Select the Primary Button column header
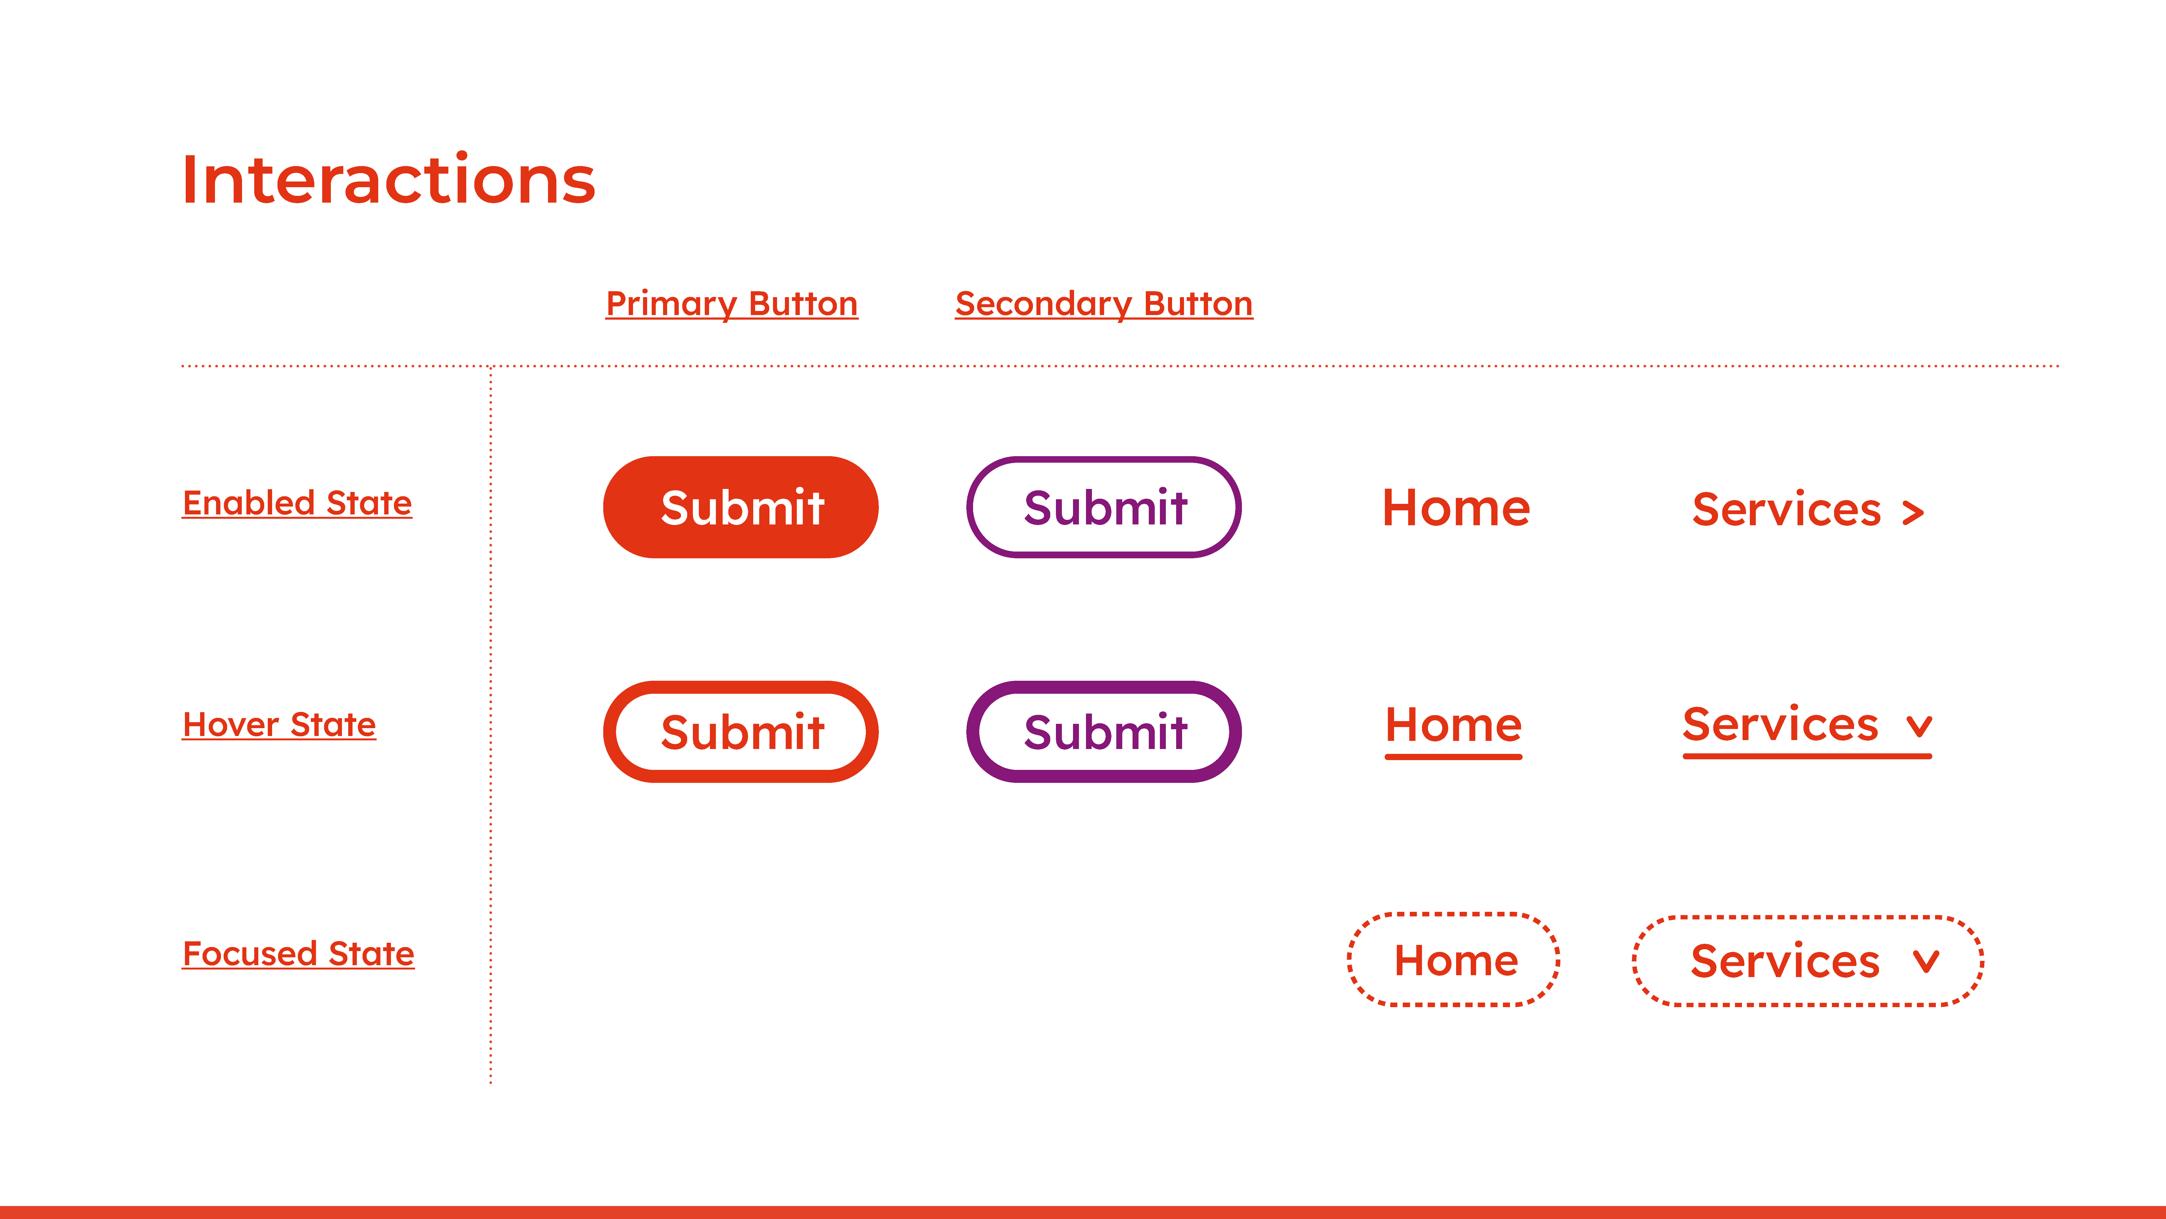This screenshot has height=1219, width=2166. (x=732, y=304)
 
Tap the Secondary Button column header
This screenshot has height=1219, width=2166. (x=1104, y=304)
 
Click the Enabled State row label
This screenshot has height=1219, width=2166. (x=297, y=503)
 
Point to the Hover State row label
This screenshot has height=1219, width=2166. (x=279, y=724)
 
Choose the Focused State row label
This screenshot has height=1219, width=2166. (x=298, y=954)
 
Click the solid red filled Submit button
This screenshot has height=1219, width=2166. (x=741, y=507)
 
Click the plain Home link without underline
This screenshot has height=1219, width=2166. (x=1456, y=508)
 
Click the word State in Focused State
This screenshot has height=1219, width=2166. (x=372, y=954)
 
